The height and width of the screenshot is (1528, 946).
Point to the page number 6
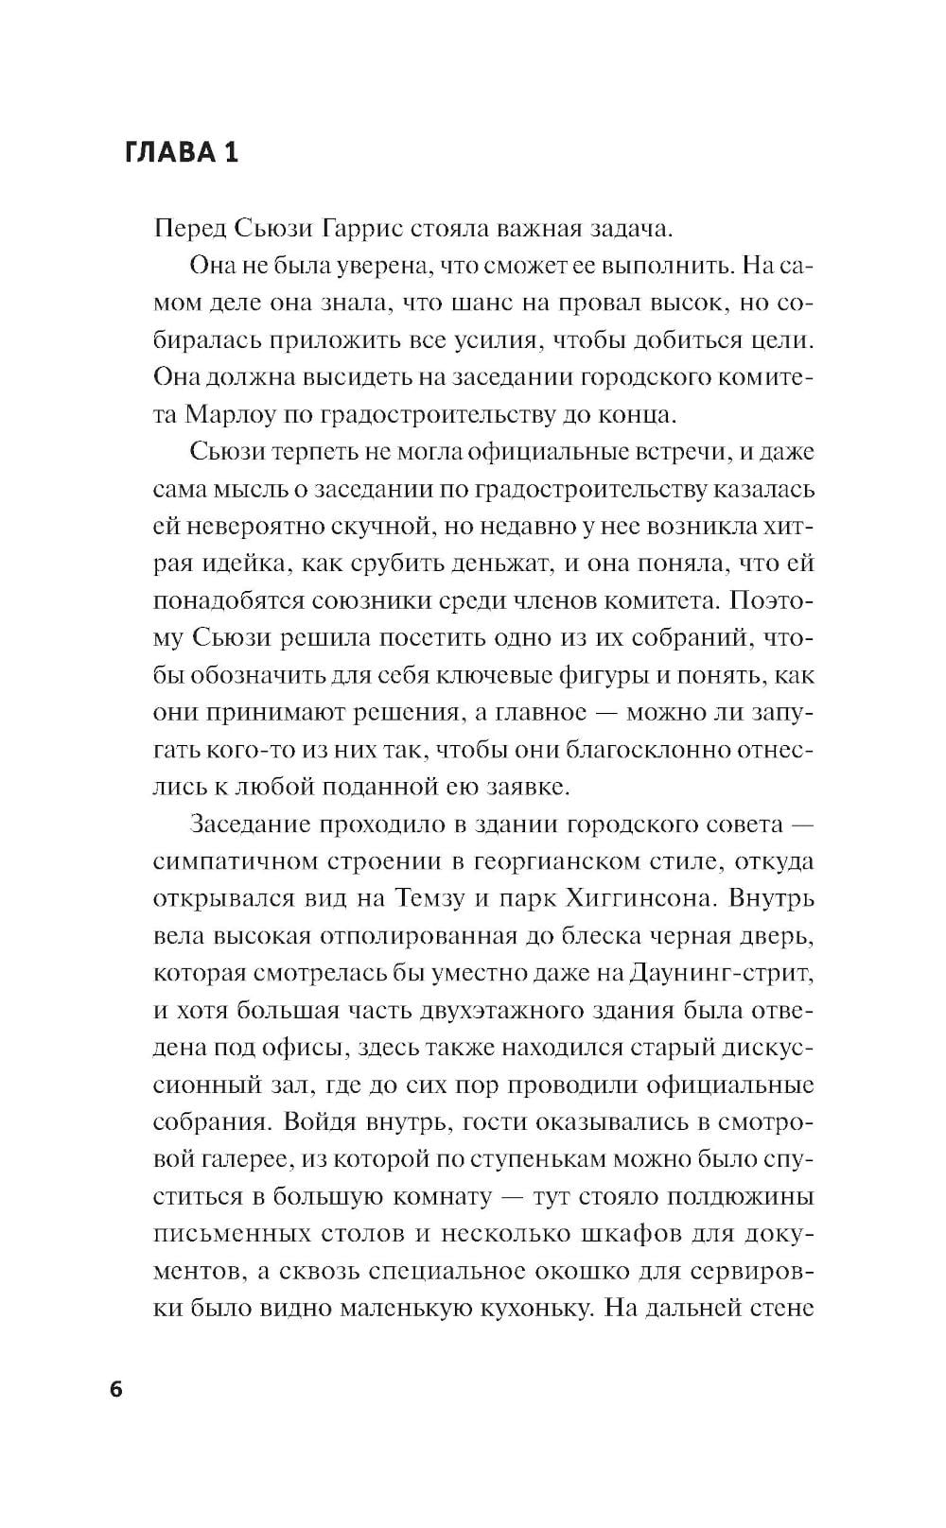tap(116, 1390)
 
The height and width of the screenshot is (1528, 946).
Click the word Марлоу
tap(234, 414)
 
